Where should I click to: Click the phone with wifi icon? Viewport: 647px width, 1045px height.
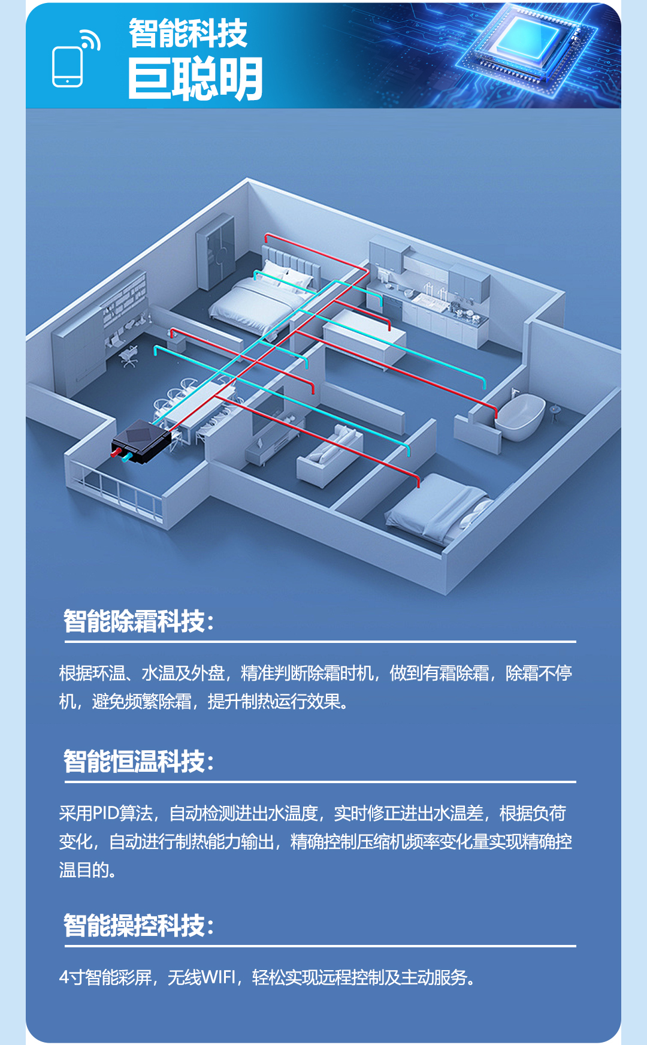pos(75,59)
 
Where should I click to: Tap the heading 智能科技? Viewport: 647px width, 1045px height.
pos(188,33)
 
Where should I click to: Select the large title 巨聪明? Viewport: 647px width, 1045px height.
pos(195,79)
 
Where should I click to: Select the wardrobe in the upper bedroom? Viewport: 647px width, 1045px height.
pos(216,252)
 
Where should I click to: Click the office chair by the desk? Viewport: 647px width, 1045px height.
pos(128,356)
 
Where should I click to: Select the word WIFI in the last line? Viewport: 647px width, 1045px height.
pos(219,978)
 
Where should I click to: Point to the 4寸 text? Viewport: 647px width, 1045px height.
pos(71,978)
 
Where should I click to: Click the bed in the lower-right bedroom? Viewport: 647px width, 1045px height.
pos(437,510)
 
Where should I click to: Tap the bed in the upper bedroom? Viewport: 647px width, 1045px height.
pos(264,294)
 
